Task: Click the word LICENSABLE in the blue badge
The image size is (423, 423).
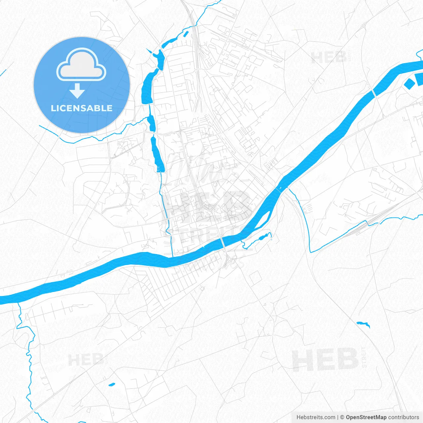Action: [82, 108]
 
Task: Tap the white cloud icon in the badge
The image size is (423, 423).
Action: [81, 65]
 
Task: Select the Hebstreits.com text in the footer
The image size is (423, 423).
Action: [316, 417]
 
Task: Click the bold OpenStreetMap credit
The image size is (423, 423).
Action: [366, 417]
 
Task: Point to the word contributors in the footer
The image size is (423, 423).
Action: [404, 417]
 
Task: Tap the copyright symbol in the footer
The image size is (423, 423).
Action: [342, 417]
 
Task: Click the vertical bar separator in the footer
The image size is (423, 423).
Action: [338, 417]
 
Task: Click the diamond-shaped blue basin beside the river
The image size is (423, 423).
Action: [409, 83]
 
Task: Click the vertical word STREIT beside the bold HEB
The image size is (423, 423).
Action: [364, 357]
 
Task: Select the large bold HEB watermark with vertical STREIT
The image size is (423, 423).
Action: [325, 360]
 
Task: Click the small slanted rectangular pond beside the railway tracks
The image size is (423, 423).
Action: [185, 33]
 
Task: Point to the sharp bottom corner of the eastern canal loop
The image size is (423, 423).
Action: [311, 252]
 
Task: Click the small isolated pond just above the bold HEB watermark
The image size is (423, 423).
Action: [363, 324]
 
